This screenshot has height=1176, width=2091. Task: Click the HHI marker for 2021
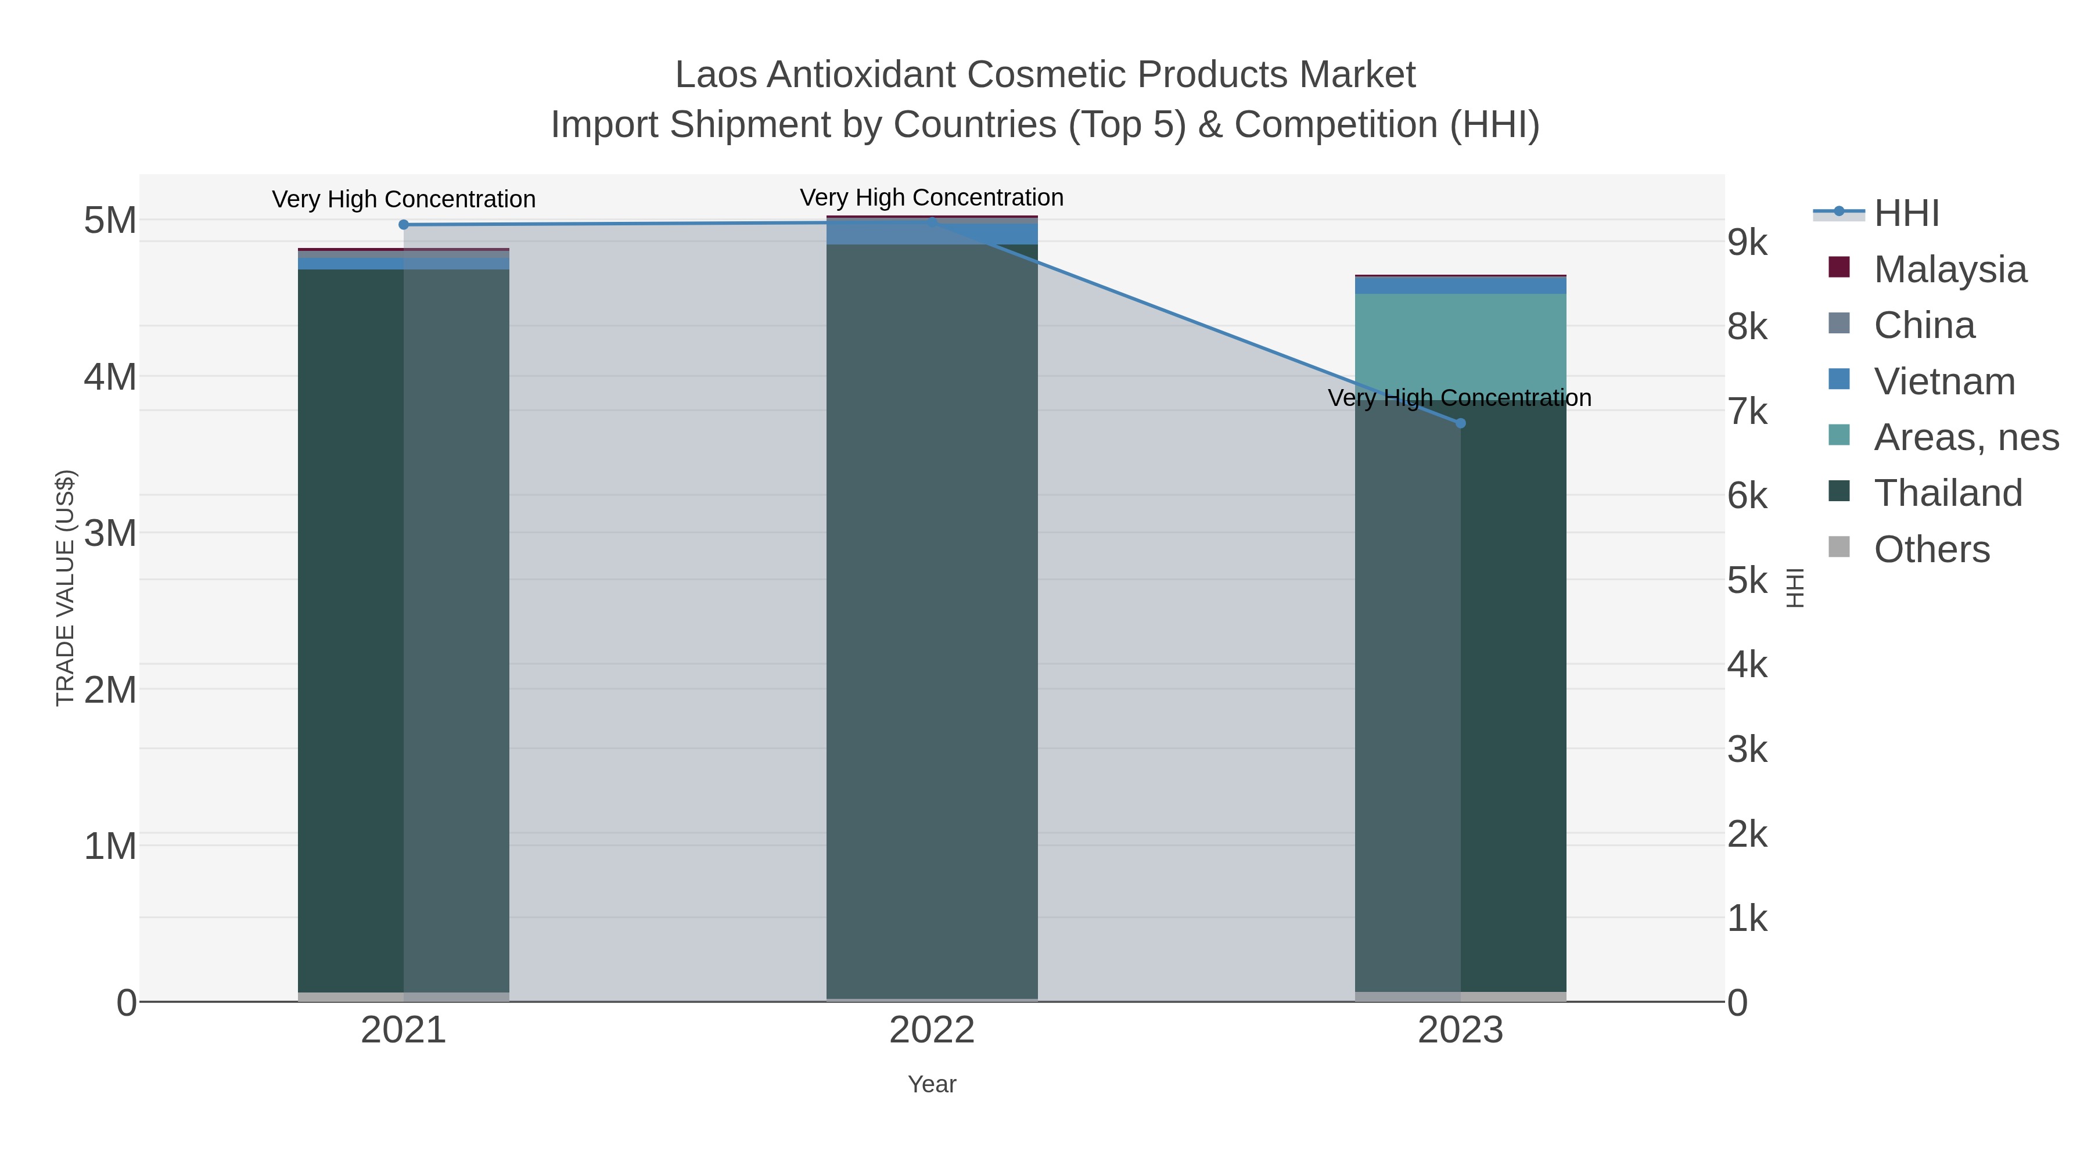(x=404, y=225)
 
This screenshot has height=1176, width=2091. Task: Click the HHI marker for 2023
(x=1460, y=423)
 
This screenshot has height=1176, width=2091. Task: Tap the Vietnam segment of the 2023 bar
(x=1460, y=286)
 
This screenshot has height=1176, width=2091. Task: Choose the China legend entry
(x=1924, y=325)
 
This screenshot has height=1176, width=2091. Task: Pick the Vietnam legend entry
(x=1944, y=380)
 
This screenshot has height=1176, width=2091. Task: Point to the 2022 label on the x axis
(x=932, y=1030)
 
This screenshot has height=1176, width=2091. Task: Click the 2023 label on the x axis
(x=1460, y=1030)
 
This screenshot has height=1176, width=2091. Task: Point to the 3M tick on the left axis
(x=110, y=533)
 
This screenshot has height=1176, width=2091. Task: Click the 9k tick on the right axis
(x=1747, y=242)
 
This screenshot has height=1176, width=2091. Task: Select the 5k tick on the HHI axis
(x=1747, y=580)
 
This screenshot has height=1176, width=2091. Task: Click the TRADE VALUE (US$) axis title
(x=65, y=588)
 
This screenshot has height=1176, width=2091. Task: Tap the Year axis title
(x=932, y=1084)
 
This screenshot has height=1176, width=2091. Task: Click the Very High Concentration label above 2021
(x=404, y=199)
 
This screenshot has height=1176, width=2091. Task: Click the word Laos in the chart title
(x=716, y=75)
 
